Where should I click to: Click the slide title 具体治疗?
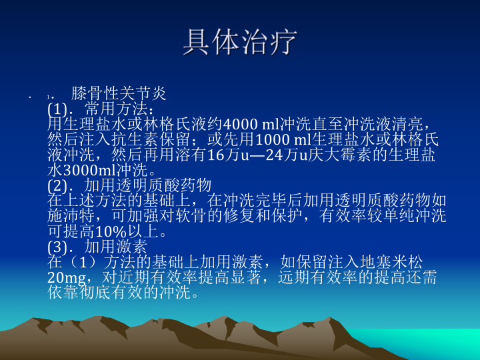coord(240,42)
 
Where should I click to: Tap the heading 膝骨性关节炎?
coord(119,93)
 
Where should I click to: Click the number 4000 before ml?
coord(241,124)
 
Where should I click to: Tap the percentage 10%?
coord(111,232)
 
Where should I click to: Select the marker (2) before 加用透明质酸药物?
coord(57,185)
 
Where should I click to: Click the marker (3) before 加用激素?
coord(57,247)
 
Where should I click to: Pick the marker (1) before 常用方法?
coord(57,109)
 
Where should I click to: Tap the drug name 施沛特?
coord(71,216)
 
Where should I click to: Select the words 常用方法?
coord(116,109)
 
